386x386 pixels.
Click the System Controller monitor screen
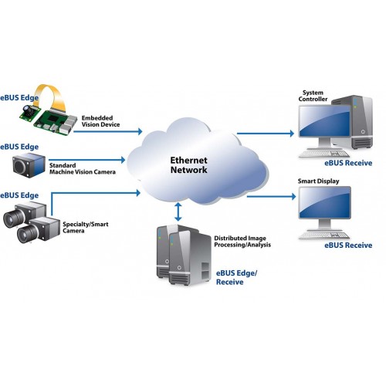tap(326, 126)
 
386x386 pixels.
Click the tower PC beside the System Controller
tap(362, 123)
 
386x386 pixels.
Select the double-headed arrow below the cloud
tap(180, 210)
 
